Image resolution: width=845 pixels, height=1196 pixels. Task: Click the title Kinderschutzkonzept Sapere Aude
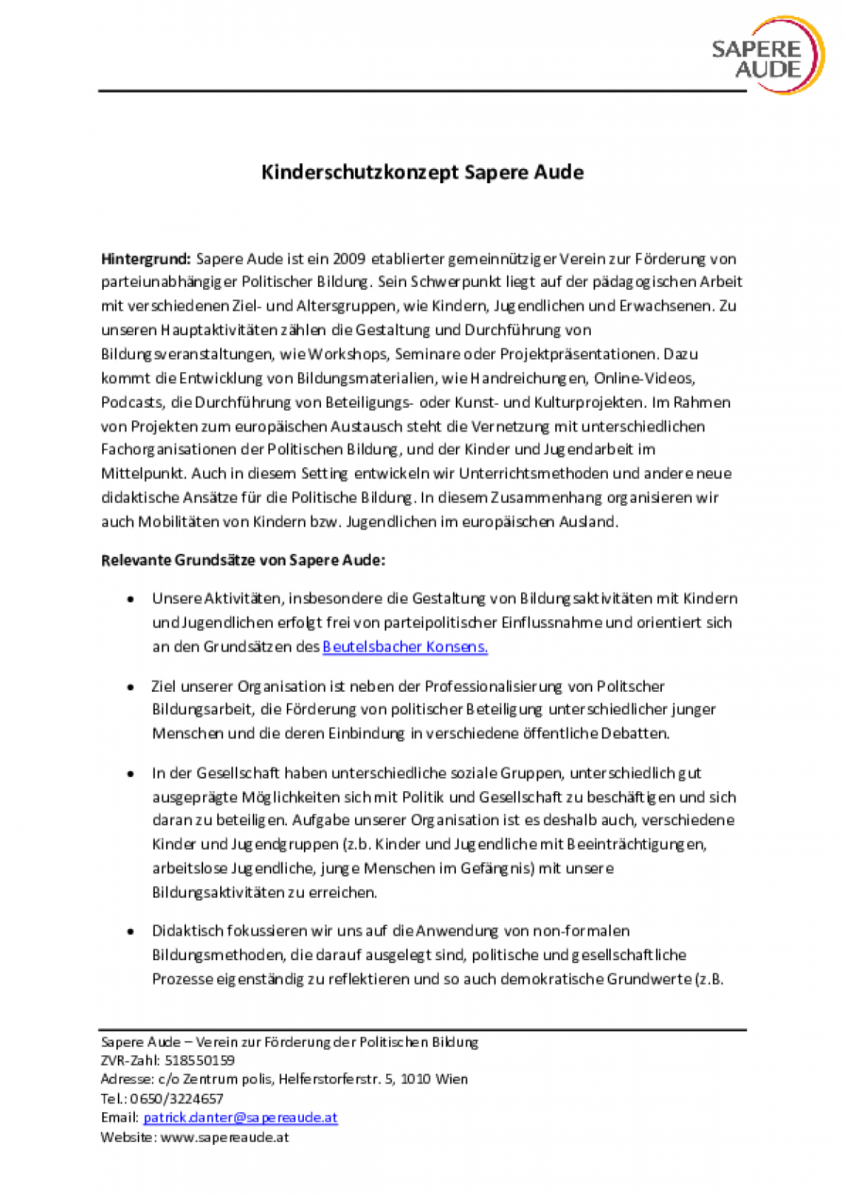(422, 172)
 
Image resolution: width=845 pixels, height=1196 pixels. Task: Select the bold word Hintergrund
(146, 259)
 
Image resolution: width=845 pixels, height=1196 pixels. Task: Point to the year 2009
(349, 259)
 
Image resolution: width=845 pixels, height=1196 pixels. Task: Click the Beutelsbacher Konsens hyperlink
(405, 647)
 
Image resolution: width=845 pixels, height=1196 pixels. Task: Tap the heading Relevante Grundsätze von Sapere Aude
(243, 560)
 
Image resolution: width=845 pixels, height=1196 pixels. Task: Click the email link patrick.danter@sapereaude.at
(240, 1117)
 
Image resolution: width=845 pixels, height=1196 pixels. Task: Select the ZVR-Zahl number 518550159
(199, 1060)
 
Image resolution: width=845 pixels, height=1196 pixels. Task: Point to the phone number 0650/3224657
(176, 1098)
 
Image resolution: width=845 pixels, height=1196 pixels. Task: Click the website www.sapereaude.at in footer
(225, 1137)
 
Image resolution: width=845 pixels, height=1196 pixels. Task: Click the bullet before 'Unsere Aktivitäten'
(131, 599)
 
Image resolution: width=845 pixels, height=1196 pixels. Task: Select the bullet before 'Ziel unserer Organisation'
(131, 687)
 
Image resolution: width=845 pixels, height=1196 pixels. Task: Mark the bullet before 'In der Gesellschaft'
(131, 773)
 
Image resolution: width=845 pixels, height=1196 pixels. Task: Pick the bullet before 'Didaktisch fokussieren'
(131, 931)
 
